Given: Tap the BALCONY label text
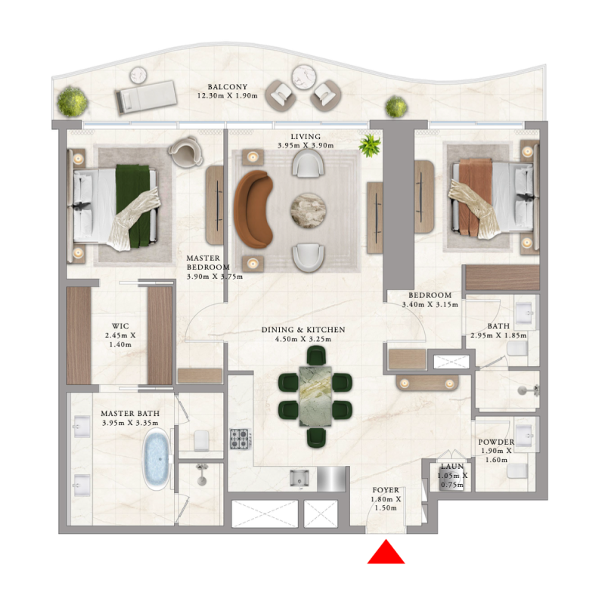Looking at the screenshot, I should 228,87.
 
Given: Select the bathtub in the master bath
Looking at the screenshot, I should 158,459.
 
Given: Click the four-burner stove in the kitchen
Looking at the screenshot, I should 240,439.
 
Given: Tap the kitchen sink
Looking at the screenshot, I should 299,479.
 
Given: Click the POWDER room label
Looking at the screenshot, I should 496,442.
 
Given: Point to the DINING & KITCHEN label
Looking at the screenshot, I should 303,330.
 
